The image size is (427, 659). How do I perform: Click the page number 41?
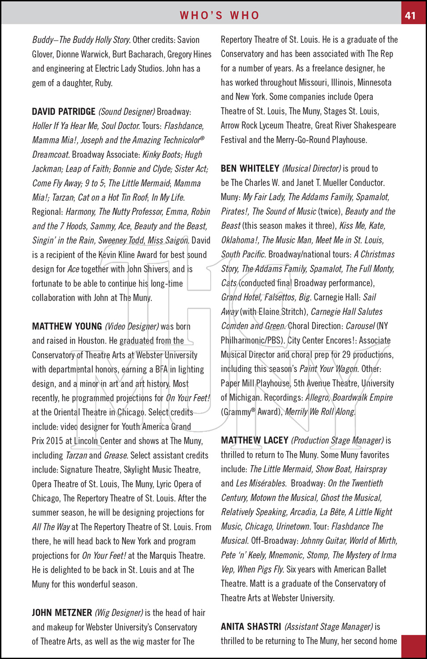point(410,15)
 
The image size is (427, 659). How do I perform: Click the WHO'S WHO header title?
point(219,15)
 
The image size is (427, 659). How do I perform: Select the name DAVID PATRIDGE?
point(63,112)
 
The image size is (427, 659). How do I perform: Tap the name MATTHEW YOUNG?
point(67,326)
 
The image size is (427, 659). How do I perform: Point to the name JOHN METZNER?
point(62,613)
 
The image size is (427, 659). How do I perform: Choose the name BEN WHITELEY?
point(250,169)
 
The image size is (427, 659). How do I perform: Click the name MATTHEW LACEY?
point(254,441)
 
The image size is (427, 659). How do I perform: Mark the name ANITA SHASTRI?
point(251,627)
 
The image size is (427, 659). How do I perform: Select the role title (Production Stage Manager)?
point(337,441)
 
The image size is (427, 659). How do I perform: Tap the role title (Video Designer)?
point(131,326)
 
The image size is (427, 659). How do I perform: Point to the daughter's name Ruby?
point(103,83)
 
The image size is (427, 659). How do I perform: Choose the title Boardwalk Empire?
point(363,398)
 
